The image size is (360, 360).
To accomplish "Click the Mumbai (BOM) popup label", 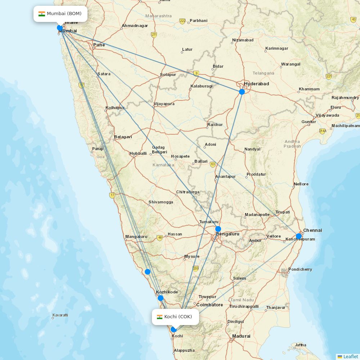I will pos(60,14).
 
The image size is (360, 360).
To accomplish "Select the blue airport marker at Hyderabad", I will pos(242,92).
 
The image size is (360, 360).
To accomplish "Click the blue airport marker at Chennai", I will pos(298,236).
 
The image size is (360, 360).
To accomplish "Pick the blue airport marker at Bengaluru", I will pos(218,229).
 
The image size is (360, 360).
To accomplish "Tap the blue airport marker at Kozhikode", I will pos(161,298).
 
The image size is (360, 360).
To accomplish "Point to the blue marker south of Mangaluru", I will pos(148,272).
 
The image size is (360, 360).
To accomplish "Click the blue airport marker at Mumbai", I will pos(60,28).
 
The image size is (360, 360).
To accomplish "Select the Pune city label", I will pos(99,45).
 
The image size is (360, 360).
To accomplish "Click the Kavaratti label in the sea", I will pos(60,315).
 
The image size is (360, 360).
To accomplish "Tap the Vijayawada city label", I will pos(327,116).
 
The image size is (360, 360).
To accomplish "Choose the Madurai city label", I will pos(241,336).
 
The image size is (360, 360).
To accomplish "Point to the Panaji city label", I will pos(98,149).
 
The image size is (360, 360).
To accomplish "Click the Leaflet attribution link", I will pos(351,356).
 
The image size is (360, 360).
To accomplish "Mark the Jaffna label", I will pos(301,345).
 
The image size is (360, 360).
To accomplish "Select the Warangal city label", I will pos(291,64).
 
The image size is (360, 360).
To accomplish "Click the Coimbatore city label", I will pos(210,305).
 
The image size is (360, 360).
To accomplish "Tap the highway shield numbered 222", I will pos(183,21).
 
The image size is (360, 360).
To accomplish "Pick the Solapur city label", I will pos(168,75).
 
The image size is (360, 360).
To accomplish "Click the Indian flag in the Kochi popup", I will pos(159,317).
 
